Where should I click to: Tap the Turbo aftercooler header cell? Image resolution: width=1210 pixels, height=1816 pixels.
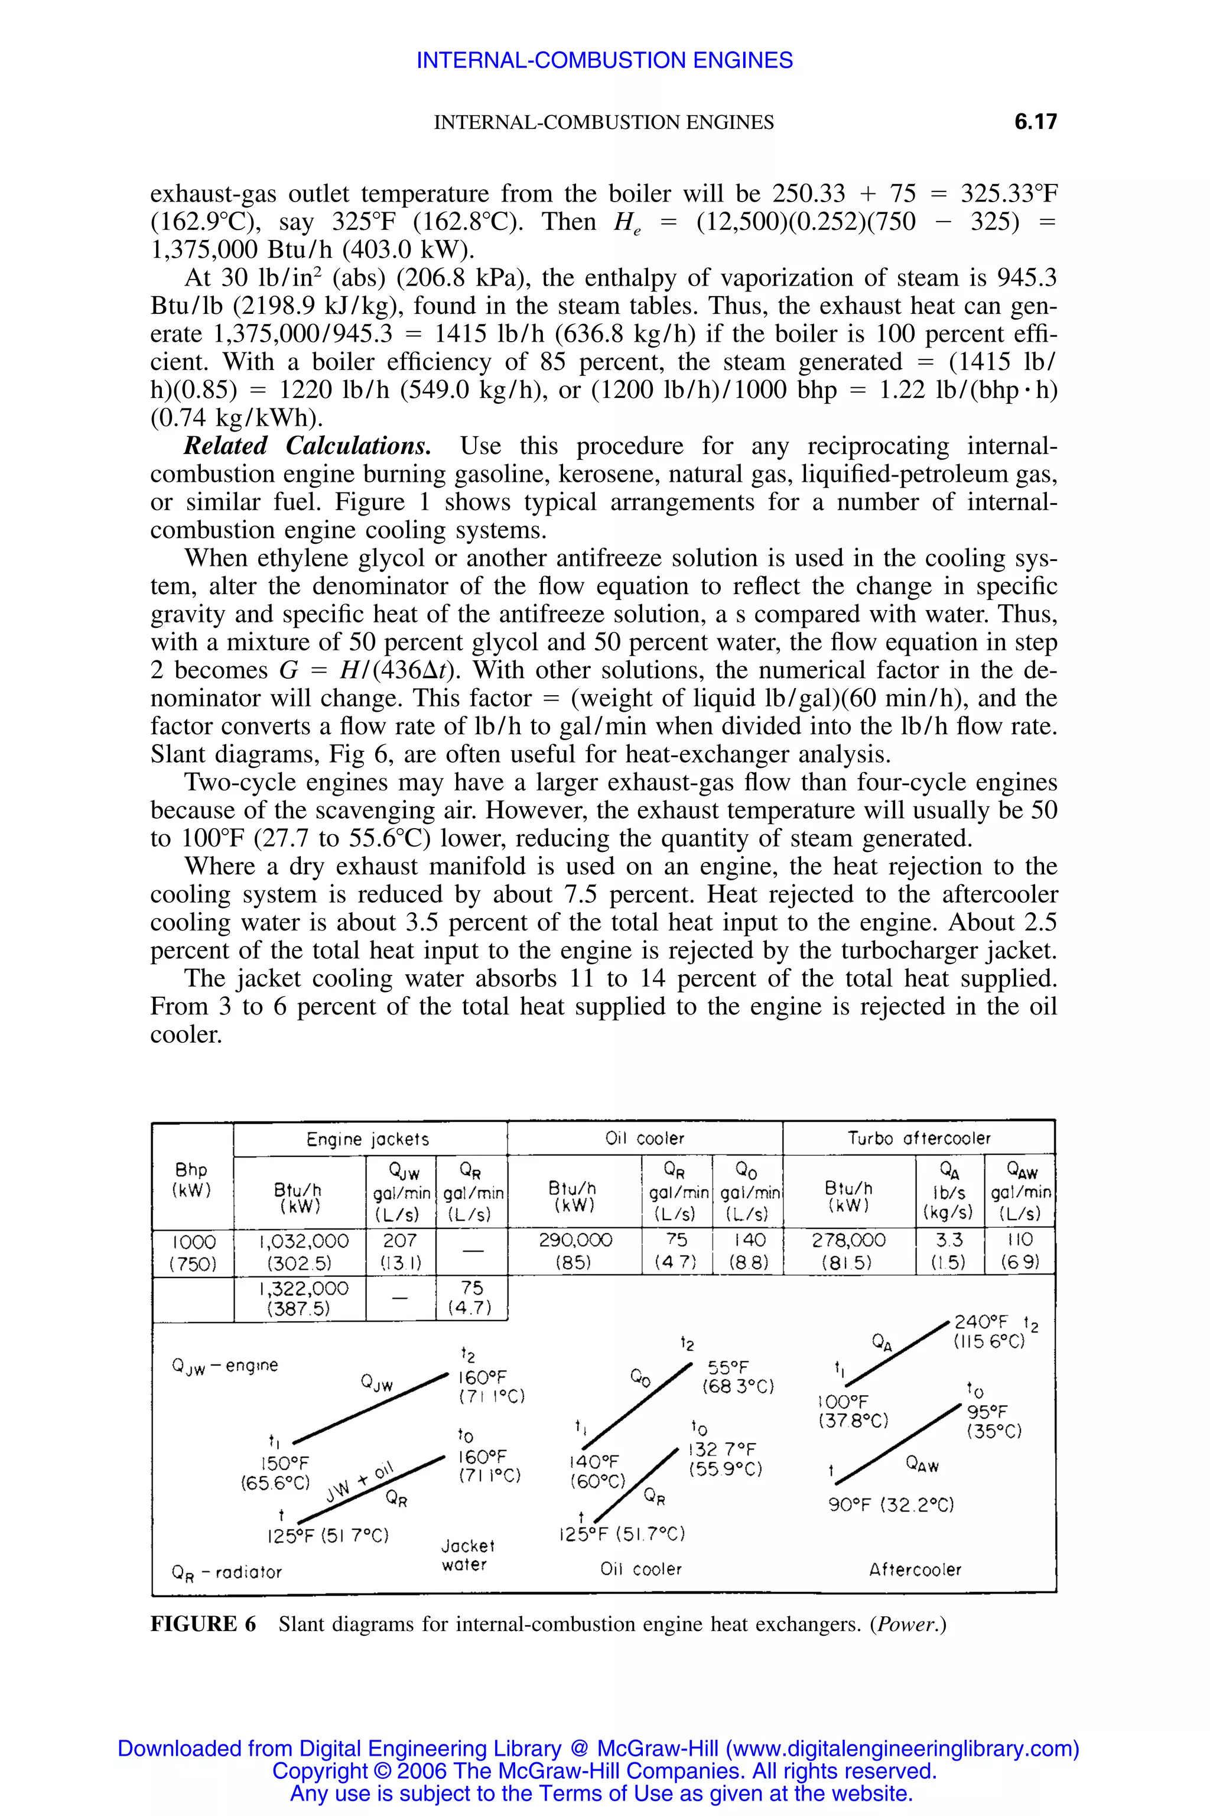tap(918, 1138)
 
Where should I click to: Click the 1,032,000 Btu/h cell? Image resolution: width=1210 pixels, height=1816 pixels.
tap(303, 1241)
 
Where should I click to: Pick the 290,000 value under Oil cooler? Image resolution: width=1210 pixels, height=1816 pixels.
tap(575, 1241)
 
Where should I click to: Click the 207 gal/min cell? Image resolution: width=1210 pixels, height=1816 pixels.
tap(400, 1241)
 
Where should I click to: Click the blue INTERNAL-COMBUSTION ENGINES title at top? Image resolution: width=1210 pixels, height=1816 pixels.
tap(604, 60)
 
